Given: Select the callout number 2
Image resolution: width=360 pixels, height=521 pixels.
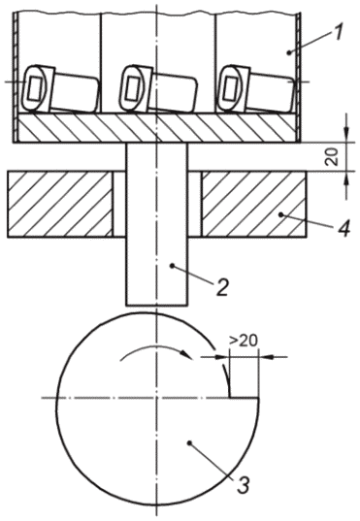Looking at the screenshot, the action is [x=221, y=286].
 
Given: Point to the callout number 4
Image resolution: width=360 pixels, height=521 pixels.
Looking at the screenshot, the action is [x=343, y=228].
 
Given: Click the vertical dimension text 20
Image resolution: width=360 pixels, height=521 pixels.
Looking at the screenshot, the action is [x=333, y=156].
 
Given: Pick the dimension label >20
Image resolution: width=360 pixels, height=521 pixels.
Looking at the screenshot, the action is [x=244, y=342].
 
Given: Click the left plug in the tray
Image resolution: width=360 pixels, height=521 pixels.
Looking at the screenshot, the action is [x=59, y=89].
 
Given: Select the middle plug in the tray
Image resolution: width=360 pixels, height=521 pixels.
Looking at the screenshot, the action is [x=159, y=89].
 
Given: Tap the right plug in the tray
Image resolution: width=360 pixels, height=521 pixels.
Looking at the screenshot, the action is [x=255, y=89].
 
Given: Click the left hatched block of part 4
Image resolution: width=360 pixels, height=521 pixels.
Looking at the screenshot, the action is [x=60, y=204].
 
